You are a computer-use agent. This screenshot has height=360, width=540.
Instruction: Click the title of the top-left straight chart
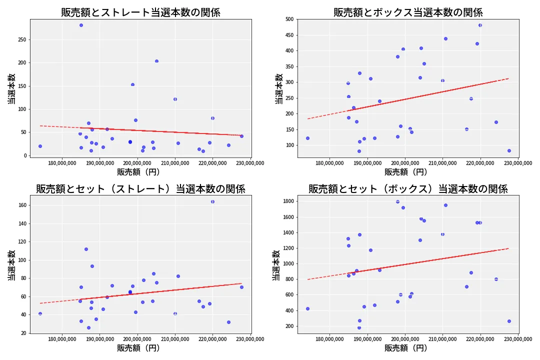tap(140, 12)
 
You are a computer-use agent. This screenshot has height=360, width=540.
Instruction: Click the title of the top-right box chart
tap(408, 12)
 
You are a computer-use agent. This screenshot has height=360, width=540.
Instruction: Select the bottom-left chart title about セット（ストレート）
tap(140, 189)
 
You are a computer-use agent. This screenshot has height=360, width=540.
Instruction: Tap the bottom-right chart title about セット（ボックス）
tap(408, 189)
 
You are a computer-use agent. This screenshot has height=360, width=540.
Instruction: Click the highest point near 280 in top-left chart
tap(81, 25)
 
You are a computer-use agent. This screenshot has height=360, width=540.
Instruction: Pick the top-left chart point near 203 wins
tap(156, 61)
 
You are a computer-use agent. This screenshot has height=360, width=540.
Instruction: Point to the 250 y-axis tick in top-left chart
tap(22, 39)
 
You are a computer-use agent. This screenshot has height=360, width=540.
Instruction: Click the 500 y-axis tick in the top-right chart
tap(289, 19)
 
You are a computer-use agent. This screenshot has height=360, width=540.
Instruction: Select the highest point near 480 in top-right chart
tap(480, 25)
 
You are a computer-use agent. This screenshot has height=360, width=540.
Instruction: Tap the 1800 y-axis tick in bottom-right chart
tap(288, 201)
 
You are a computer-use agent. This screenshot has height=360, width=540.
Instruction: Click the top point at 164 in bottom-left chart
tap(212, 201)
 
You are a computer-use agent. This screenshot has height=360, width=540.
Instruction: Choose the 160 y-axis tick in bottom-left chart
tap(22, 205)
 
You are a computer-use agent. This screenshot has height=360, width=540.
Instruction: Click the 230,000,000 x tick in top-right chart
tap(518, 163)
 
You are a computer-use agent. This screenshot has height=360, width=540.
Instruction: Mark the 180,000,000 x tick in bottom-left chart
tap(62, 339)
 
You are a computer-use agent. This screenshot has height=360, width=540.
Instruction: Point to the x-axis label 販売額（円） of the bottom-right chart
tap(406, 348)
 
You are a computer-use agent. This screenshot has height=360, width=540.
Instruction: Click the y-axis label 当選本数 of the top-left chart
tap(11, 89)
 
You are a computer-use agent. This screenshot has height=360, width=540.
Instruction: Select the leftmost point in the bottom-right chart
tap(307, 308)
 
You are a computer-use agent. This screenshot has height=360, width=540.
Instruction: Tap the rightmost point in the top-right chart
tap(509, 150)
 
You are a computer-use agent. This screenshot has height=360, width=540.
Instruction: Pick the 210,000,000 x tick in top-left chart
tap(175, 163)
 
